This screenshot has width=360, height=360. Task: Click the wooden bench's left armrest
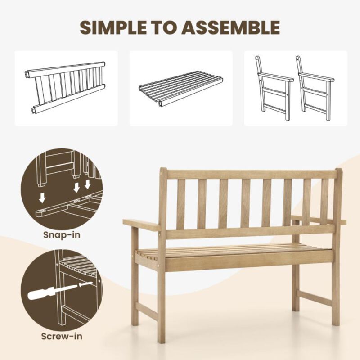(x=141, y=224)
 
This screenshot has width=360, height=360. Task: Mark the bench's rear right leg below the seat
(x=296, y=288)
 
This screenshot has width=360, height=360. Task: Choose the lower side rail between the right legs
(x=315, y=298)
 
